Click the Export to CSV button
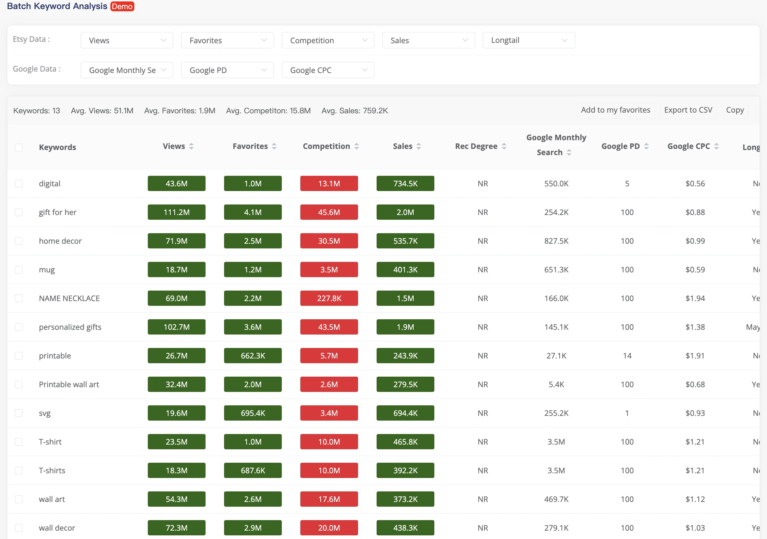click(688, 110)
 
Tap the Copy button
click(735, 110)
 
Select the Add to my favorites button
click(616, 110)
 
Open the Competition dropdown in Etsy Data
click(328, 40)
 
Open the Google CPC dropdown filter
click(328, 70)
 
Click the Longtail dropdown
click(528, 40)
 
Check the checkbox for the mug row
click(19, 269)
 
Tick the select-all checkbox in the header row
click(19, 147)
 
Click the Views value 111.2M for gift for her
click(176, 212)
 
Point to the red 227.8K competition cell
click(329, 298)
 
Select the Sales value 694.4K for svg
click(405, 413)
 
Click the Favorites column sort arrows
click(274, 146)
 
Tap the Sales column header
click(402, 146)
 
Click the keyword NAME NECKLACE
click(69, 298)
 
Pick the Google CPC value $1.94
click(695, 298)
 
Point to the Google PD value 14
click(627, 356)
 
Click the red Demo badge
click(122, 7)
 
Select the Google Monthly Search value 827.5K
click(556, 241)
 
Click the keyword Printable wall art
click(69, 384)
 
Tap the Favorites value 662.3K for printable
click(253, 356)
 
